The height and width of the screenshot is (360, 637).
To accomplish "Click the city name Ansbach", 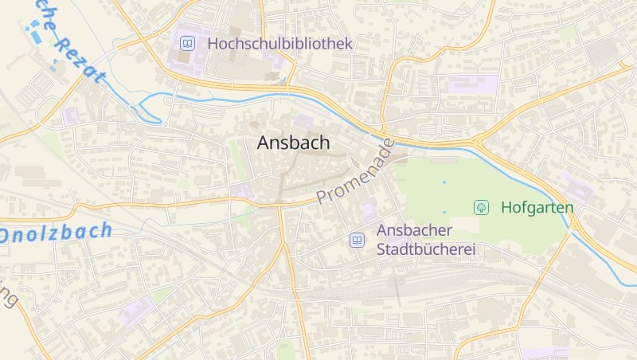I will [x=294, y=143].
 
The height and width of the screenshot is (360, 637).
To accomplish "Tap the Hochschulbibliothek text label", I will [x=279, y=44].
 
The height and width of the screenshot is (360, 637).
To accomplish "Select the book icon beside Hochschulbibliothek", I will [x=187, y=44].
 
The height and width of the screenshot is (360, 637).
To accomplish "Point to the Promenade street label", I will [x=355, y=172].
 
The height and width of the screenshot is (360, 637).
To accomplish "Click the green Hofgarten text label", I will [x=537, y=207].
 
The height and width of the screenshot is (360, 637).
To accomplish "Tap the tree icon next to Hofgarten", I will [x=481, y=207].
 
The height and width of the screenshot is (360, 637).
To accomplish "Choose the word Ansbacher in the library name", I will [x=414, y=230].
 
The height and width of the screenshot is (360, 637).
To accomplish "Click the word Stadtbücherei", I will [x=425, y=249].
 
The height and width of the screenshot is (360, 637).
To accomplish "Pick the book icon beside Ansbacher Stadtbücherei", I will [x=358, y=240].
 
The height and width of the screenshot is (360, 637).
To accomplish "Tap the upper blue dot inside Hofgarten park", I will [x=444, y=182].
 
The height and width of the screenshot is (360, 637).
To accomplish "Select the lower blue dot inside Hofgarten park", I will [x=444, y=213].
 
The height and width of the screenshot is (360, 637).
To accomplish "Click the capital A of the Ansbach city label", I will [x=264, y=143].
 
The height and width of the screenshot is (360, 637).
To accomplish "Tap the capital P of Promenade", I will [x=322, y=197].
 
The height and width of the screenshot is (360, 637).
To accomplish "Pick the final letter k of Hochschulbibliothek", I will [x=347, y=44].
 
